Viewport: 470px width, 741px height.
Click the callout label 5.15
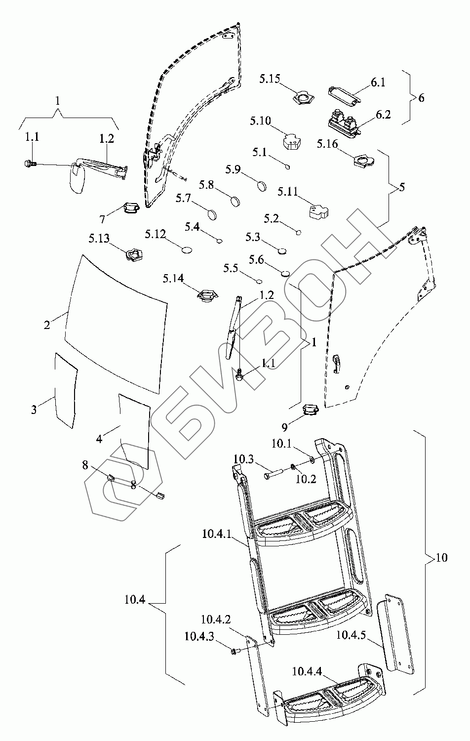tap(270, 79)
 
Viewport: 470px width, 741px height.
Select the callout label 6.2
tap(383, 115)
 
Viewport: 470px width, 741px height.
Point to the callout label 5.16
tap(326, 144)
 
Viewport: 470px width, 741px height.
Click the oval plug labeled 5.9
tap(262, 186)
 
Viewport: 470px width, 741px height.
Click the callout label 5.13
tap(99, 239)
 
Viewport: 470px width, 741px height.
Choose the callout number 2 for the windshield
tap(47, 325)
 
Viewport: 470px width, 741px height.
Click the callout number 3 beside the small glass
tap(34, 410)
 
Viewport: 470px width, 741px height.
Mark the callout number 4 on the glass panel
tap(99, 439)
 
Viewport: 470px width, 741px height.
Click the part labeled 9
tap(310, 410)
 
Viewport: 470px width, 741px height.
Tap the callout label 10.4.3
tap(199, 636)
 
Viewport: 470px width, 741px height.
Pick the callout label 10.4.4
tap(307, 672)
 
